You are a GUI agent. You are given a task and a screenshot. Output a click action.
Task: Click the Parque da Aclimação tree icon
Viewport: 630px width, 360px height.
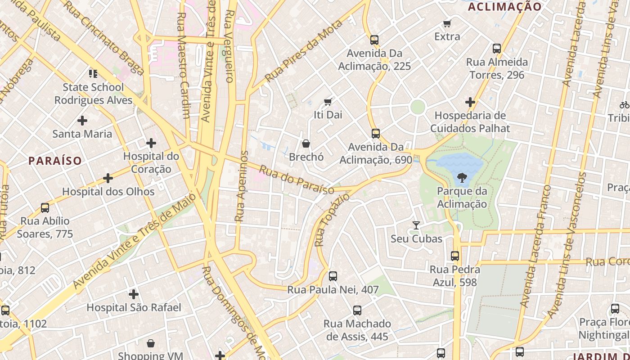[462, 178]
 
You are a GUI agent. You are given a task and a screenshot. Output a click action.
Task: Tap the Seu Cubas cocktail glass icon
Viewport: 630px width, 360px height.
[416, 225]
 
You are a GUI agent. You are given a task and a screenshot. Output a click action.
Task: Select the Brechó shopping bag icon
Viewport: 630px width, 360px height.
[306, 144]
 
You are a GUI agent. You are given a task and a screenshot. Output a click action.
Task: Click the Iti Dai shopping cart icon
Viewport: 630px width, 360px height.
[328, 102]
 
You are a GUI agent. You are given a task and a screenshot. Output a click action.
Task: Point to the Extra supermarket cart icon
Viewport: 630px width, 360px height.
[447, 24]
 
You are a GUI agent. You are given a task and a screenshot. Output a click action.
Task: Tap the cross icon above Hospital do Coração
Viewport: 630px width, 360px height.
[151, 144]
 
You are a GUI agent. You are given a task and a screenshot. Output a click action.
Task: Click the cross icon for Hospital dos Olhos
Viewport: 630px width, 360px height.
[108, 179]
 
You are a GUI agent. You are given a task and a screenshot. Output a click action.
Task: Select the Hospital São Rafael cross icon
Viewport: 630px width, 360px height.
[134, 295]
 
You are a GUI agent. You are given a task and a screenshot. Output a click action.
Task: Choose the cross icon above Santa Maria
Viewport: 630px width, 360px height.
[82, 121]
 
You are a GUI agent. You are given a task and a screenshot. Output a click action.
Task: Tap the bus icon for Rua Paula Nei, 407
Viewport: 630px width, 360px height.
[333, 276]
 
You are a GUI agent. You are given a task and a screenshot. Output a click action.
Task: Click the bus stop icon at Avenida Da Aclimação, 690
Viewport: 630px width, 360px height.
[376, 134]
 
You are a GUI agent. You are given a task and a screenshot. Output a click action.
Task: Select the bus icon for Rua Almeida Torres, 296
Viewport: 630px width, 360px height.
[497, 49]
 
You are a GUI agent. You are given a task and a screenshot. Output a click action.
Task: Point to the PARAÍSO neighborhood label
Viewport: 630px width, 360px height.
[55, 161]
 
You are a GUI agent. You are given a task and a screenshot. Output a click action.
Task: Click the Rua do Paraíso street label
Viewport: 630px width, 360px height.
[297, 180]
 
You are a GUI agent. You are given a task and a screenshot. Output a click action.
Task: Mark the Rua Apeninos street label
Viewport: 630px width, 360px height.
[242, 186]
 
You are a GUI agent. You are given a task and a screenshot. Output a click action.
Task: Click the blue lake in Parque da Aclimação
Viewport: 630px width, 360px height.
[452, 164]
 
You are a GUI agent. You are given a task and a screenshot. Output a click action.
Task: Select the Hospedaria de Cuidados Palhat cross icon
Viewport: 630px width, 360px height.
[470, 103]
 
